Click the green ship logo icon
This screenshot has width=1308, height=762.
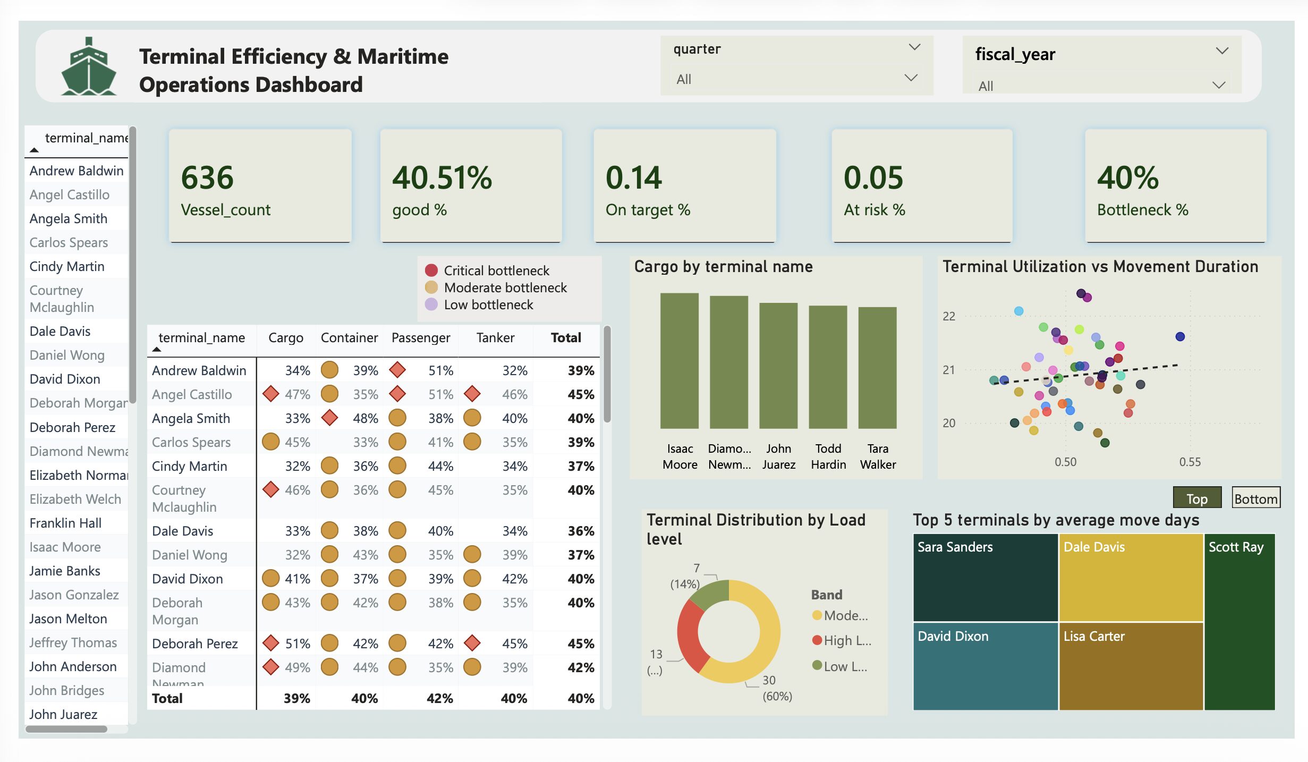pos(88,67)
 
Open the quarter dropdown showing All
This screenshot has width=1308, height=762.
pos(795,79)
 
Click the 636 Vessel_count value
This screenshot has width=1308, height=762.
pos(207,177)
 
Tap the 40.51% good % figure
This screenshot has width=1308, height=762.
pos(442,177)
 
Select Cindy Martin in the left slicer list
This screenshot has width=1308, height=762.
pos(67,266)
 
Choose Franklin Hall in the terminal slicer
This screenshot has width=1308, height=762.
pos(65,523)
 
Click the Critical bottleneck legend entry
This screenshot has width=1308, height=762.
pos(496,270)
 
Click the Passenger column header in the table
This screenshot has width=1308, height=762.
pos(420,338)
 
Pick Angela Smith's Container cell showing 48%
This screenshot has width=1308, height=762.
pos(365,418)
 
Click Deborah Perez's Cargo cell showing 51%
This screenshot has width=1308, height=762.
pos(297,644)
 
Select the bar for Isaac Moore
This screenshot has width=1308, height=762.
pos(679,361)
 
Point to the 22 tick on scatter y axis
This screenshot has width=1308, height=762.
pos(949,316)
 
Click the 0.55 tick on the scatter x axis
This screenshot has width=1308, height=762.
pos(1190,462)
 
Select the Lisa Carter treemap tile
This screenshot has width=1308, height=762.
pos(1131,666)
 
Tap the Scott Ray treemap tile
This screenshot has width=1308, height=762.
pos(1239,622)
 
